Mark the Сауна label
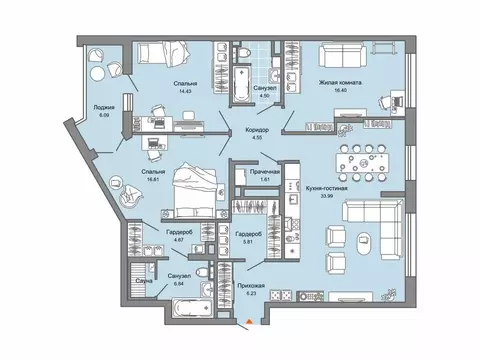(142, 283)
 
